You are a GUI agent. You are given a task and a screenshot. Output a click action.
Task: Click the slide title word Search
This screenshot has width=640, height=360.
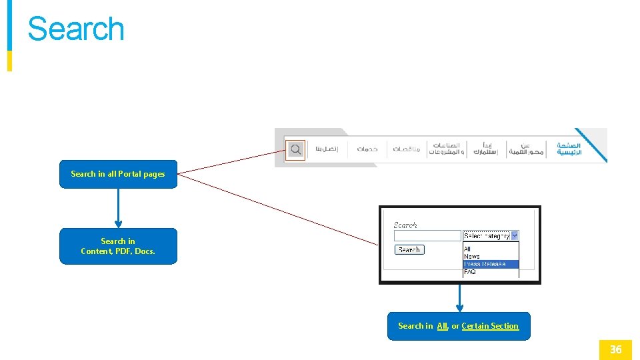76,29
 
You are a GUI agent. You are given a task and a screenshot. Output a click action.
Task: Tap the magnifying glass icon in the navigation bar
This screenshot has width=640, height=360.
295,149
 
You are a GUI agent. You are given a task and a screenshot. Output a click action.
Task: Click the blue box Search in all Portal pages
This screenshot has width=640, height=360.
118,174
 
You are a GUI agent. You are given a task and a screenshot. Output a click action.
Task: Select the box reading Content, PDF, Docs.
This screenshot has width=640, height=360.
118,247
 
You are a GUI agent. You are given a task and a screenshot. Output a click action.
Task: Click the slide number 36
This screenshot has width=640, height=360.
615,349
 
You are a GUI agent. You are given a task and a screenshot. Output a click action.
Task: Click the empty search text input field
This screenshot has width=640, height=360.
427,236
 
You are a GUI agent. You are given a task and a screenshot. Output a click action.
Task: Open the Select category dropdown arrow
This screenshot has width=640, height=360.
515,236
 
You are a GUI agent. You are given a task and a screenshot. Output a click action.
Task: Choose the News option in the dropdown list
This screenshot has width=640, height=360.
472,257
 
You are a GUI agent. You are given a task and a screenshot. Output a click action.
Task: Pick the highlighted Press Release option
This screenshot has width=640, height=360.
485,264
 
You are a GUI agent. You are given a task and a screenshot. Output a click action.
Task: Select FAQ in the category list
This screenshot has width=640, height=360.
470,272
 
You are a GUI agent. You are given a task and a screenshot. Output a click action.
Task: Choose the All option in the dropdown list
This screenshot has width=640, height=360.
467,249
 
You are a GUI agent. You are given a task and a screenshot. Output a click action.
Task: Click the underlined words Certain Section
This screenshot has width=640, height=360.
490,326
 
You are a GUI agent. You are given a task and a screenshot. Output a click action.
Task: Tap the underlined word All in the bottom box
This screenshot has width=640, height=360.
442,326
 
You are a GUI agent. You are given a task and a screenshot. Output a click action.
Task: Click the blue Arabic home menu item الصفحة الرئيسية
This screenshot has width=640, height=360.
569,149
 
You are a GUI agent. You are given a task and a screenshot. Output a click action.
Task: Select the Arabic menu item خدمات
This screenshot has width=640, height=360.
367,149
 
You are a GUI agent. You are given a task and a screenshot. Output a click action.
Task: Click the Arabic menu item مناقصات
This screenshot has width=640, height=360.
407,149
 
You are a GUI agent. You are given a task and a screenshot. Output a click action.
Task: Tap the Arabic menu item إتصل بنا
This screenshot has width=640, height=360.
327,149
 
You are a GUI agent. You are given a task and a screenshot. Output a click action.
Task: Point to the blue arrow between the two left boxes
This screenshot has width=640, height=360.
118,208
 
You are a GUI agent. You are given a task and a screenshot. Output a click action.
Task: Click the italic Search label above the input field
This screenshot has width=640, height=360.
405,225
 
